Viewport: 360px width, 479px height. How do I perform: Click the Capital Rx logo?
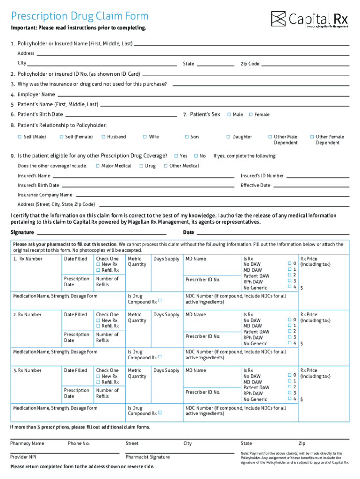tap(310, 19)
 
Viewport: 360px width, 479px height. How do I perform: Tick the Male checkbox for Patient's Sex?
tap(229, 115)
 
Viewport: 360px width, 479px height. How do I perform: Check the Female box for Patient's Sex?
tap(251, 115)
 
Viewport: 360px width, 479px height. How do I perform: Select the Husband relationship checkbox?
tap(103, 137)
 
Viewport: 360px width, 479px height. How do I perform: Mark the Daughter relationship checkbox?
tap(228, 137)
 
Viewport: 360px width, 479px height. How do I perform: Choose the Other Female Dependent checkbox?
tap(312, 137)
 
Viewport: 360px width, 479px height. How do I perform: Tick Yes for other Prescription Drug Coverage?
tap(176, 156)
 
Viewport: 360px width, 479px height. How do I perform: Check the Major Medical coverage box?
tap(97, 166)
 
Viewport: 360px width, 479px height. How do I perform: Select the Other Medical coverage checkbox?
tap(166, 166)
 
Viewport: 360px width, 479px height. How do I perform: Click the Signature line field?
tap(101, 232)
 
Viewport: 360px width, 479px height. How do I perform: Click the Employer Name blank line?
tap(203, 94)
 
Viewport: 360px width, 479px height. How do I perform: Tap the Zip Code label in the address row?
tap(250, 64)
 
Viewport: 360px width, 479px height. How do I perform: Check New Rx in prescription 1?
tap(98, 265)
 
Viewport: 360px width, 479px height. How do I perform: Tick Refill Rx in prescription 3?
tap(98, 382)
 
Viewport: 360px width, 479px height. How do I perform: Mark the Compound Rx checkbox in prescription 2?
tap(160, 357)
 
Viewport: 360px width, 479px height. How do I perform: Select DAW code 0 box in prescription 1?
tap(289, 264)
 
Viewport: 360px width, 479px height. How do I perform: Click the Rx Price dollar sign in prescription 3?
tap(302, 400)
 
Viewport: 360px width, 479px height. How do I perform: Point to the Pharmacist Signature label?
tap(148, 457)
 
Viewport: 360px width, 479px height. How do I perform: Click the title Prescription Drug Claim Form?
tap(79, 16)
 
